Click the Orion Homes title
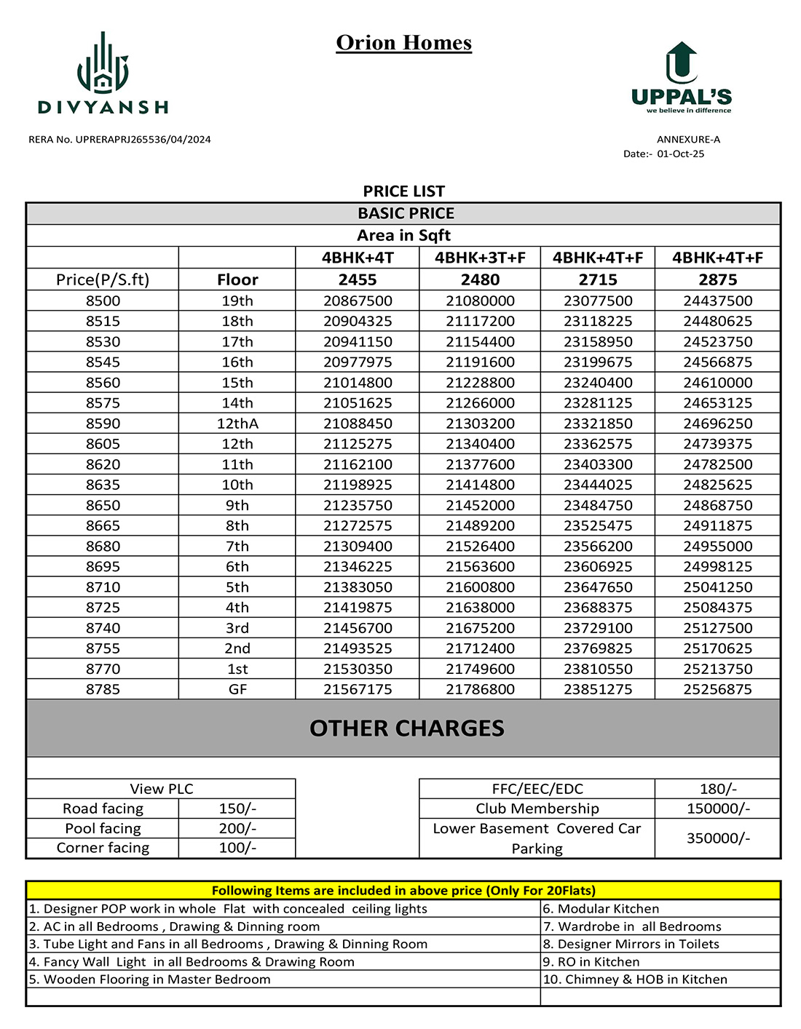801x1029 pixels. tap(403, 43)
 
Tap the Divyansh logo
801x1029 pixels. tap(103, 73)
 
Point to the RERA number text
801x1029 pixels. tap(119, 140)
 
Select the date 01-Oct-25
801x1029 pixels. tap(680, 154)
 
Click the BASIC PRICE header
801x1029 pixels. tap(406, 213)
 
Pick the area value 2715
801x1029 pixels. tap(598, 279)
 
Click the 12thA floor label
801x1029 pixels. tap(237, 424)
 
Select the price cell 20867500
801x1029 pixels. tap(358, 301)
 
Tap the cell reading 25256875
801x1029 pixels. tap(717, 689)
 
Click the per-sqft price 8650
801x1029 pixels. tap(103, 505)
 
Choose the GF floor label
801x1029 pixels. tap(237, 689)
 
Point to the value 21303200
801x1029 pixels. tap(480, 424)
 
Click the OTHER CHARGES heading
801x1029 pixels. tap(406, 728)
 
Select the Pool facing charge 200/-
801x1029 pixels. tap(237, 828)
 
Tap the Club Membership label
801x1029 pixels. tap(537, 808)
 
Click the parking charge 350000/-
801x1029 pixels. tap(718, 838)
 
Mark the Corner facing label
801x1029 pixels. tap(103, 848)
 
